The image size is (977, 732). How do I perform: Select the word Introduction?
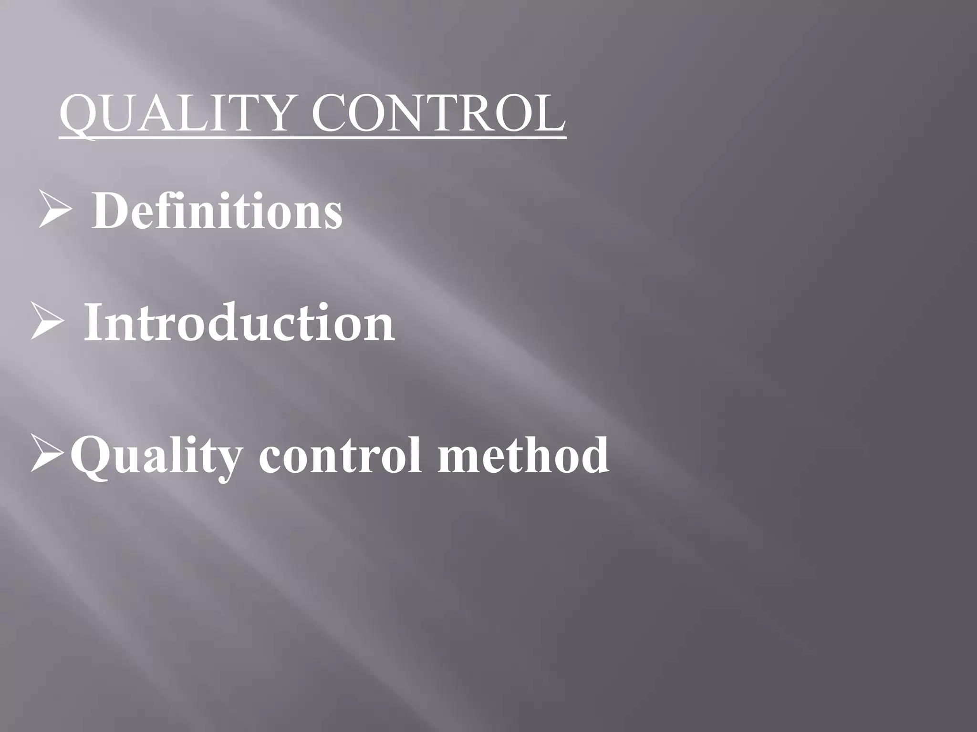point(239,323)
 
